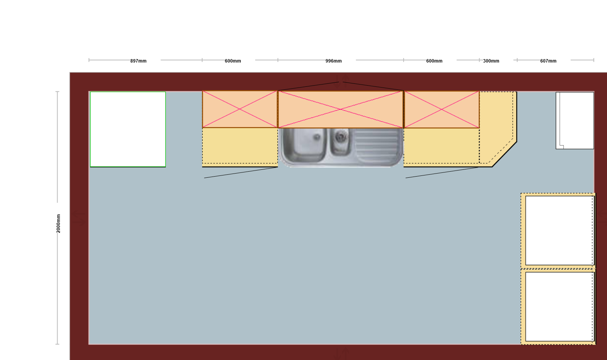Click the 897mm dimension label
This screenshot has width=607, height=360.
tap(138, 61)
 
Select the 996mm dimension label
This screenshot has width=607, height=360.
tap(334, 61)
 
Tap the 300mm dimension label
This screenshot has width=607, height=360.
tap(491, 61)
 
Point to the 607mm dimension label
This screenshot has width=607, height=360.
tap(548, 61)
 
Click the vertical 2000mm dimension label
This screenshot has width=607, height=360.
tap(58, 223)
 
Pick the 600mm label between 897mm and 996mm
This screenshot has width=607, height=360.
tap(233, 61)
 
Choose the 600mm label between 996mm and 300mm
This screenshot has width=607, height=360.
tap(434, 61)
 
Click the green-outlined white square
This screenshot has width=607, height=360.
tap(128, 129)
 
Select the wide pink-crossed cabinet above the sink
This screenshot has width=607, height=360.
tap(341, 109)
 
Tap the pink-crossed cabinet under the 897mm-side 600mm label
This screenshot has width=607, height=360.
tap(240, 109)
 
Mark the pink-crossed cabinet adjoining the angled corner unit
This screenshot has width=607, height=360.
tap(442, 110)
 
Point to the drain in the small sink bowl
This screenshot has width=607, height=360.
tap(341, 137)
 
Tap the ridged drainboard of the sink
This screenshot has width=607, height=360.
tap(377, 145)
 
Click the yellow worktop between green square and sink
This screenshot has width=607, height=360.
tap(240, 147)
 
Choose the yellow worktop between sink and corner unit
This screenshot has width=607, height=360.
tap(442, 147)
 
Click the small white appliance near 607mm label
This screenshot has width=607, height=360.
tap(575, 121)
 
